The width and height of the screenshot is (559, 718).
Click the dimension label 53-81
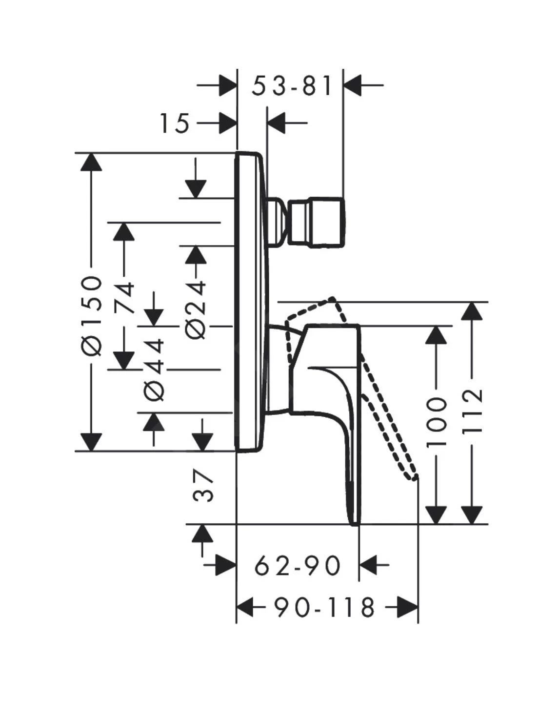(x=292, y=86)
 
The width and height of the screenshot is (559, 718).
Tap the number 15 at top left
(x=174, y=123)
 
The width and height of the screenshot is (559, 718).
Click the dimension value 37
(x=203, y=487)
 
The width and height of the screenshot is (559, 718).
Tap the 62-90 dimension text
(x=298, y=566)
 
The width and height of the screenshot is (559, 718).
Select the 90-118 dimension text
(x=324, y=608)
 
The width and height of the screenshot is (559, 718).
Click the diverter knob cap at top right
(x=318, y=223)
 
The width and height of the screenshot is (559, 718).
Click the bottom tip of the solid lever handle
(x=356, y=523)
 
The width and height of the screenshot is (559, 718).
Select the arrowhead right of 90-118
(x=407, y=608)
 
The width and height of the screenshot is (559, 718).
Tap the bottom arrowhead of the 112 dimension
(x=472, y=514)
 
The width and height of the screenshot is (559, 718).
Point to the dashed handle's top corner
(x=333, y=298)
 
